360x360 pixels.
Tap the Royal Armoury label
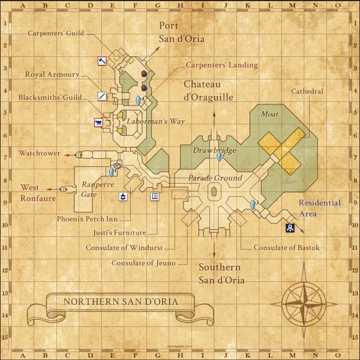(x=52, y=74)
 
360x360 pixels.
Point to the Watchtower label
(x=39, y=153)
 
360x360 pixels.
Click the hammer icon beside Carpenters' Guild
(x=102, y=61)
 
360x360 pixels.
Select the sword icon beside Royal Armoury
(x=102, y=96)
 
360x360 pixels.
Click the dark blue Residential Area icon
(x=289, y=228)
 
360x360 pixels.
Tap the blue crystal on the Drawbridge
(x=220, y=157)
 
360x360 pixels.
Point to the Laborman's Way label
(x=154, y=121)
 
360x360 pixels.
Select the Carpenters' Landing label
(x=221, y=65)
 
